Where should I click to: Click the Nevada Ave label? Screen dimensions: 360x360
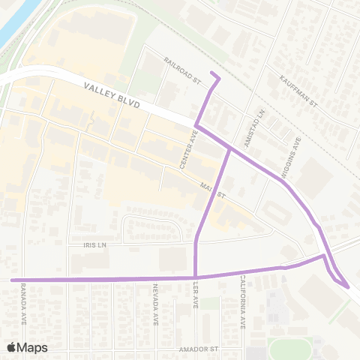(155, 304)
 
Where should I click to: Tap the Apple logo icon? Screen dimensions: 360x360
(11, 346)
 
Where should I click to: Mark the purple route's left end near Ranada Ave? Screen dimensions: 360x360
(12, 279)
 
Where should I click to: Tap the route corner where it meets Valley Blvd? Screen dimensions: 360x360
(196, 125)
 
